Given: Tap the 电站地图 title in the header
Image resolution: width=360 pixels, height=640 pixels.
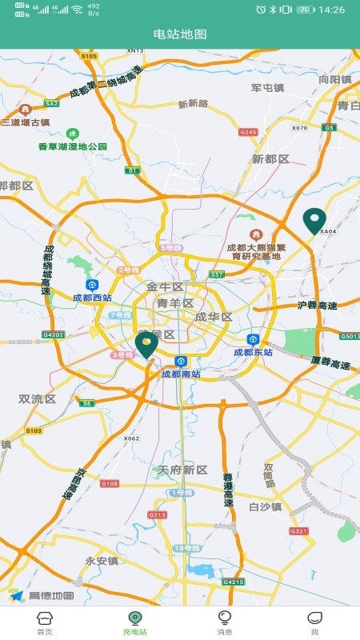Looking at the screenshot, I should (180, 34).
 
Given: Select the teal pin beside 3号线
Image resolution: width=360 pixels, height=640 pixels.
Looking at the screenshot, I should (146, 345).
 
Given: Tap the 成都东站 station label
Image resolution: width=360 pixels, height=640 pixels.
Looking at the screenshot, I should (253, 352).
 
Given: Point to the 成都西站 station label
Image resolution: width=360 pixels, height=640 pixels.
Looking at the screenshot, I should (92, 298).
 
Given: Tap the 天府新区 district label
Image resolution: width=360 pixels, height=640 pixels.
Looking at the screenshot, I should (182, 470).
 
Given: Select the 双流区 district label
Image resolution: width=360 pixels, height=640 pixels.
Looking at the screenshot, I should (38, 398).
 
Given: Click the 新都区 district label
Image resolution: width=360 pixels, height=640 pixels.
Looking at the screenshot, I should (270, 159).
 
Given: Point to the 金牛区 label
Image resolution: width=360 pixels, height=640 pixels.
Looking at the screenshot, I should (165, 286).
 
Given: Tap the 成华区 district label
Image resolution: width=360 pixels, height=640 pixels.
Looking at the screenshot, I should (214, 317).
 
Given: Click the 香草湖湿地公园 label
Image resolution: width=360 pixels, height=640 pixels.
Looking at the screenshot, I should (72, 146).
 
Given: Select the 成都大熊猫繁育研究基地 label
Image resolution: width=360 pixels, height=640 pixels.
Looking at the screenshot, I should (255, 251).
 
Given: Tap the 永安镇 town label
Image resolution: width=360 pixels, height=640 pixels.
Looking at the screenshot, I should (102, 561).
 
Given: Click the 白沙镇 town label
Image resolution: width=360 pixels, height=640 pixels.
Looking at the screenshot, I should (266, 506).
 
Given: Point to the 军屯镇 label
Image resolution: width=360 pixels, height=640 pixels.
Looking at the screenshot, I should (268, 88).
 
